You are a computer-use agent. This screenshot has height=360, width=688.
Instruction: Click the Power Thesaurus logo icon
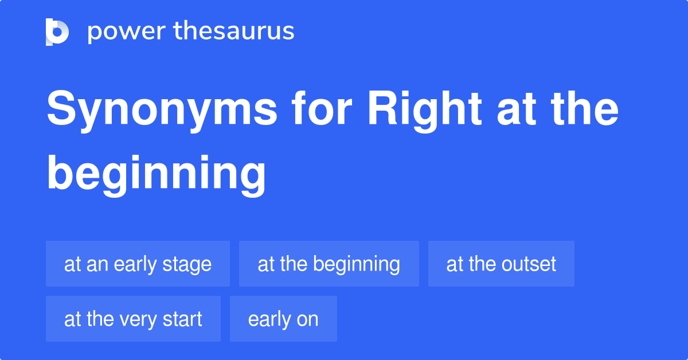57,32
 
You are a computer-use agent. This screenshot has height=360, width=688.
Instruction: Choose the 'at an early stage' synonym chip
138,264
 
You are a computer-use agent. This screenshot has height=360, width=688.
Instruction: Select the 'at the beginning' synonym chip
329,264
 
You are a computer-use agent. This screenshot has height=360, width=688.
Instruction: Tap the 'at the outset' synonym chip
501,264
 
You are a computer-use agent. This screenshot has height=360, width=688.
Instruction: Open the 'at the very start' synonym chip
133,319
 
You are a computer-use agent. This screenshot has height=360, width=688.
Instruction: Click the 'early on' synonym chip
283,319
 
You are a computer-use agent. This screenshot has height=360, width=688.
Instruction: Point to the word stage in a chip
189,264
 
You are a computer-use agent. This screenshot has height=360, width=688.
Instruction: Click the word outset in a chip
528,264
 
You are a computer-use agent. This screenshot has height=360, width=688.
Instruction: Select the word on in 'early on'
307,319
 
